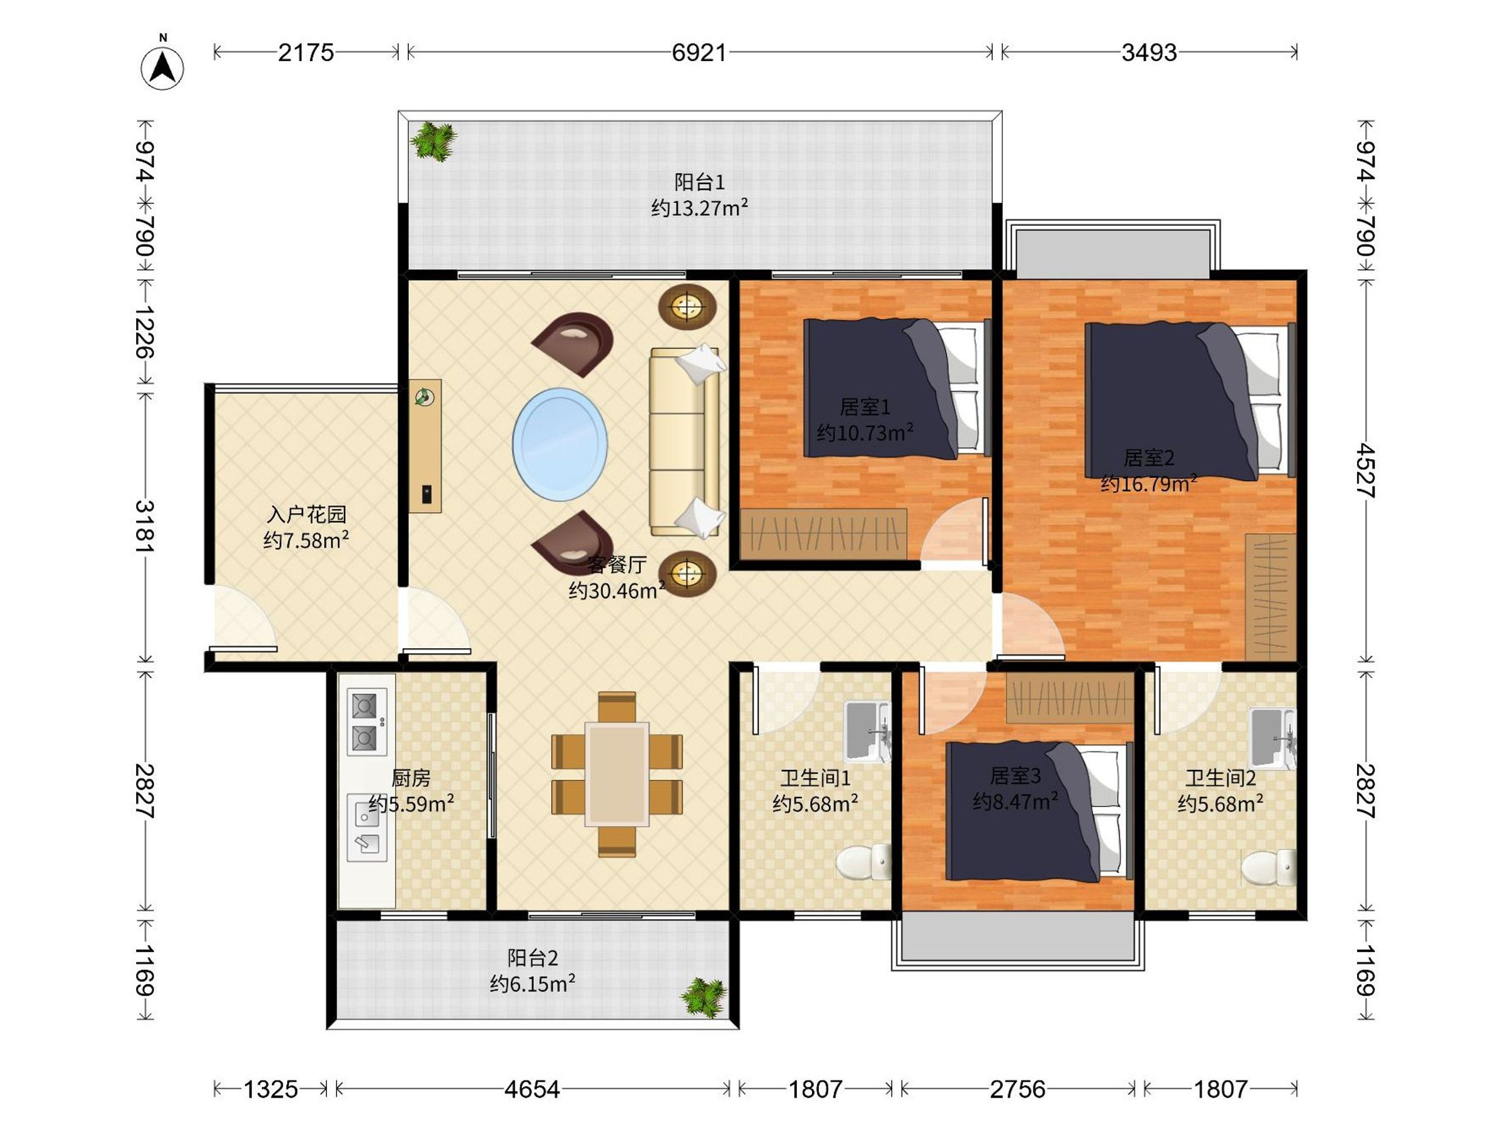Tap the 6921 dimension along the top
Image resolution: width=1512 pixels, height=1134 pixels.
tap(699, 53)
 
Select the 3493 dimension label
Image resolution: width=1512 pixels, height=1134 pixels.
tap(1149, 53)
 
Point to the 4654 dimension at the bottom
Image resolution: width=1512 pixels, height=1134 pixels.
tap(532, 1089)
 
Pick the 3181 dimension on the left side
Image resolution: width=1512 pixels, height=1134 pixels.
tap(145, 526)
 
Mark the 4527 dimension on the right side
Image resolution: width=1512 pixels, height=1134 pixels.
tap(1365, 469)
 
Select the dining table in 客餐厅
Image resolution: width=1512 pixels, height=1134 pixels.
tap(617, 774)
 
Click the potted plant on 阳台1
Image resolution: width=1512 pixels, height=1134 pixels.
tap(433, 142)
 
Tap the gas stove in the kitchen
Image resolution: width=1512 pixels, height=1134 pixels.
tap(367, 722)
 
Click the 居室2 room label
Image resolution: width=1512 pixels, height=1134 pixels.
tap(1149, 457)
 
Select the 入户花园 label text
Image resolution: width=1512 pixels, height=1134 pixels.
tap(306, 514)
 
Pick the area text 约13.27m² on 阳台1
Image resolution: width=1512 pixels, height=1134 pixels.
tap(699, 208)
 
